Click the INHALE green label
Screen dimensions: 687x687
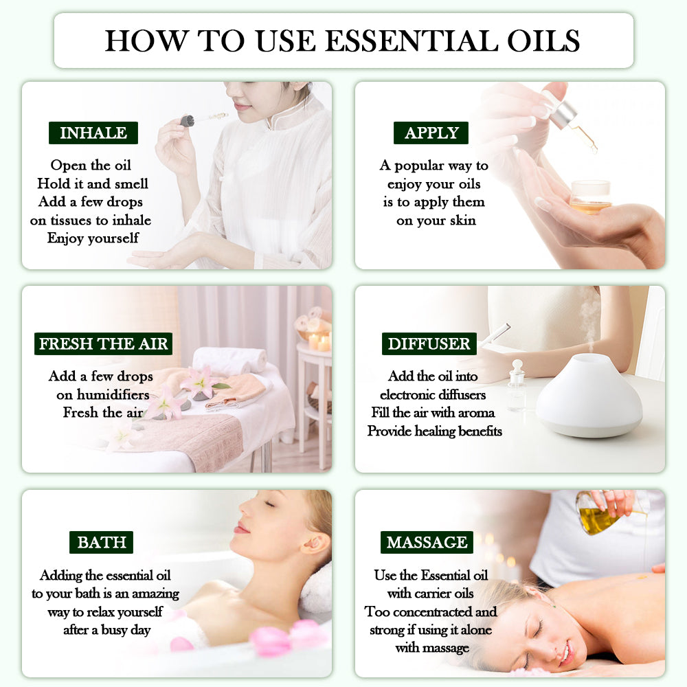(x=93, y=133)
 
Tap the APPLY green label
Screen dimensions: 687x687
(x=431, y=133)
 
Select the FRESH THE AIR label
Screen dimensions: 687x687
(x=103, y=343)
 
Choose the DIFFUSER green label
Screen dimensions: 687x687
(x=429, y=343)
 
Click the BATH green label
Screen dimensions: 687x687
(x=101, y=542)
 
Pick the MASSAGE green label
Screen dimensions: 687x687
(x=427, y=542)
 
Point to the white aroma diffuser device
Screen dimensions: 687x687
(x=589, y=398)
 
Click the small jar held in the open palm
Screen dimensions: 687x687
(x=590, y=196)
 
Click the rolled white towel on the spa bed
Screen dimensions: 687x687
(x=229, y=358)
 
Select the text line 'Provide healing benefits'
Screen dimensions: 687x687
(x=434, y=431)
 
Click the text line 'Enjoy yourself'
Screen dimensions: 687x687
(x=93, y=238)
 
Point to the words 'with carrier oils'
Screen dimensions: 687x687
(x=429, y=593)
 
